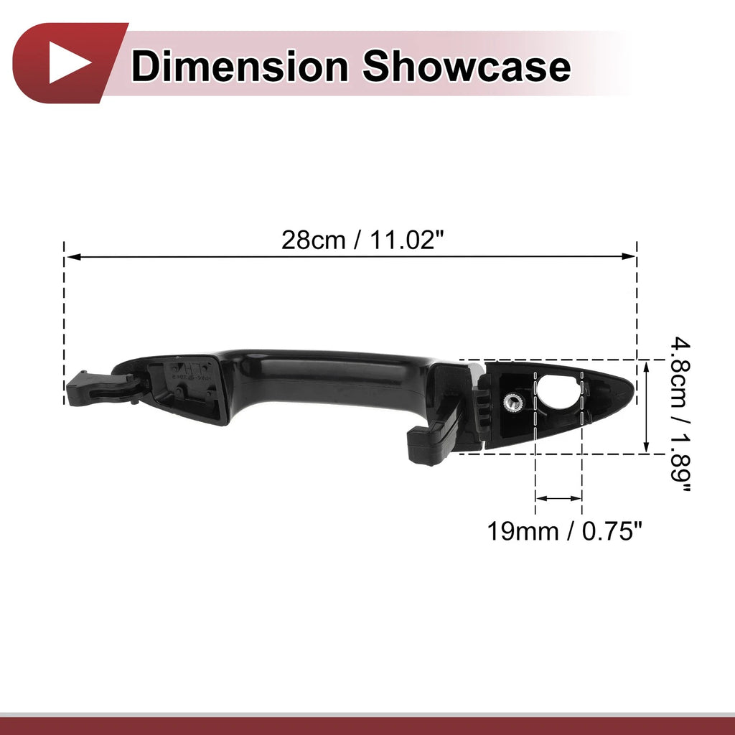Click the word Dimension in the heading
(x=240, y=67)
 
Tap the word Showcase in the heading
(x=467, y=67)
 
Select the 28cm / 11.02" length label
(x=362, y=240)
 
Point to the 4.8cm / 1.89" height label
(x=679, y=414)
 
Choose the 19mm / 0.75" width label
(x=564, y=532)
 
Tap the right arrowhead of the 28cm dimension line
(x=628, y=256)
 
